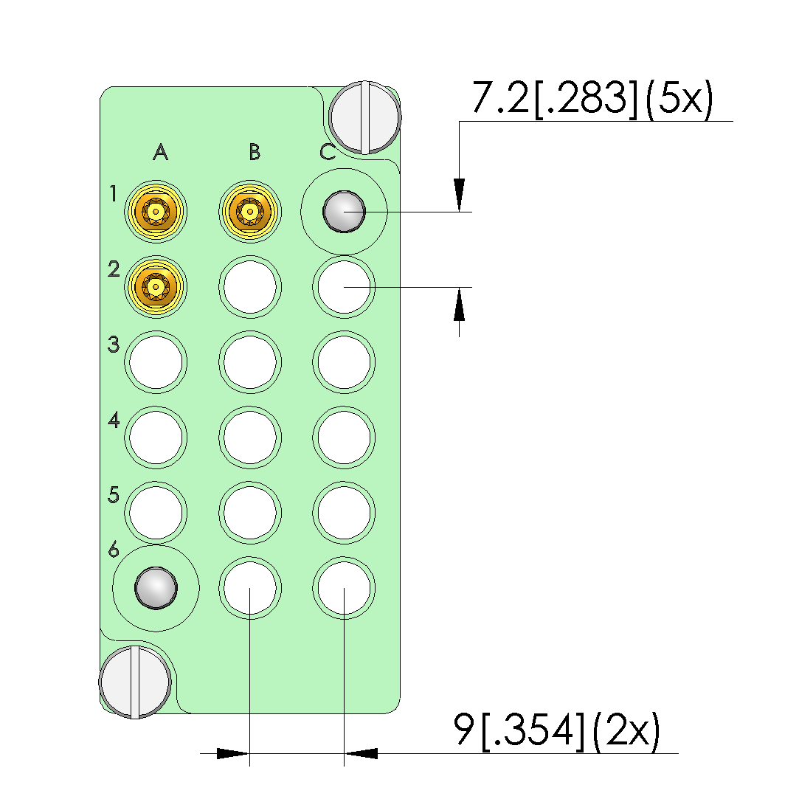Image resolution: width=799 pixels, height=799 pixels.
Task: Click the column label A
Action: tap(161, 152)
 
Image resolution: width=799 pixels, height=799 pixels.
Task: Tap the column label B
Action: tap(255, 152)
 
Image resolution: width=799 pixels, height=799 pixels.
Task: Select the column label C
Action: tap(328, 152)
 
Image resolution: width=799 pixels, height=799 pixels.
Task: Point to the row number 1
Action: tap(113, 193)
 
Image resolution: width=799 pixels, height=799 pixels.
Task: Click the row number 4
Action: tap(114, 420)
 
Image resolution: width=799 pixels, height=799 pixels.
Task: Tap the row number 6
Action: tap(114, 550)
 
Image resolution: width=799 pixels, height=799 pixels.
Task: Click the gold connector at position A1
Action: tap(156, 212)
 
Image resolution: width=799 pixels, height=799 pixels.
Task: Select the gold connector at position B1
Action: tap(249, 212)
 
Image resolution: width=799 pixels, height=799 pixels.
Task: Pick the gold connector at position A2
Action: tap(156, 287)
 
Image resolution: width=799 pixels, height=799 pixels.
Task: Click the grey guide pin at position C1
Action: tap(344, 212)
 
